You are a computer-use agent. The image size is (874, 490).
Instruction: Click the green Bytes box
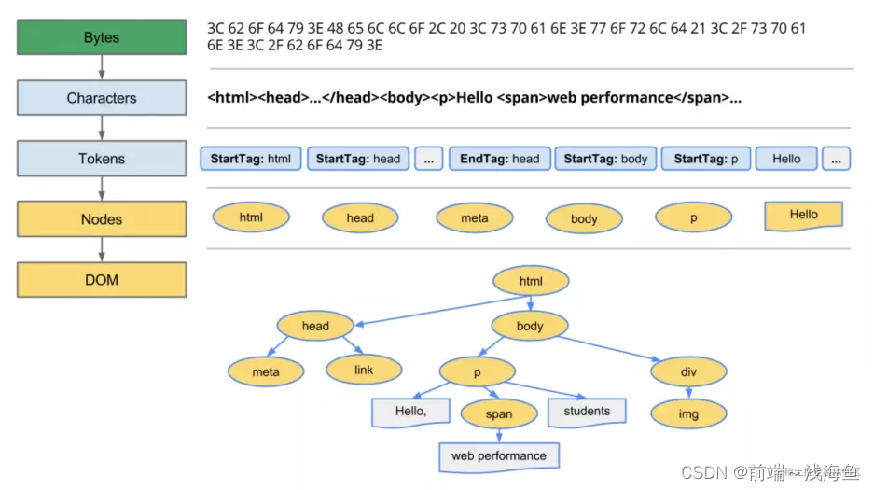(x=102, y=38)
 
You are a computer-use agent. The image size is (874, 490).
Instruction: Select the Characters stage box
(x=102, y=98)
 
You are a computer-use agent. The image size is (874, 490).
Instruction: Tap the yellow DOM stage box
(x=102, y=279)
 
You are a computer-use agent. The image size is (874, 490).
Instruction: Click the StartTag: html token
(x=250, y=159)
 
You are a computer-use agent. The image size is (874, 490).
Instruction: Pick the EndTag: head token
(x=499, y=159)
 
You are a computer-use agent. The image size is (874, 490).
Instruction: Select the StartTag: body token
(x=606, y=159)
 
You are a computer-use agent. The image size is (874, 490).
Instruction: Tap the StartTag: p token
(x=705, y=159)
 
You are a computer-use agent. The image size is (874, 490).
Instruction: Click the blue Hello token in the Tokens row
(x=785, y=159)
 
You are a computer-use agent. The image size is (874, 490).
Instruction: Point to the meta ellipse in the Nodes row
(x=475, y=218)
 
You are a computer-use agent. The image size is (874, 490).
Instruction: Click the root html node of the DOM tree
(x=531, y=281)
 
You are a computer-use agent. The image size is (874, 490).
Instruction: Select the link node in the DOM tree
(x=364, y=370)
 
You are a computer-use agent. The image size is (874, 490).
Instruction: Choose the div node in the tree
(x=688, y=372)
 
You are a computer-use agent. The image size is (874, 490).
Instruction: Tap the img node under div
(x=688, y=413)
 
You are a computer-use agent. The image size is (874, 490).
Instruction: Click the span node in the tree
(x=499, y=413)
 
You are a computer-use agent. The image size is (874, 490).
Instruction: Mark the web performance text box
(x=499, y=456)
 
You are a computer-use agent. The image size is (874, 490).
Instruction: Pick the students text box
(x=587, y=412)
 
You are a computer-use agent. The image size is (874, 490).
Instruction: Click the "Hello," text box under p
(x=410, y=412)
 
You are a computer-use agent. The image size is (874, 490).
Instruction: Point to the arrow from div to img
(x=688, y=393)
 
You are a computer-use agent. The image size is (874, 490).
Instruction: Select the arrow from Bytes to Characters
(x=102, y=67)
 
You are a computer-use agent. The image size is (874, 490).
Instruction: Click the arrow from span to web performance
(x=499, y=435)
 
